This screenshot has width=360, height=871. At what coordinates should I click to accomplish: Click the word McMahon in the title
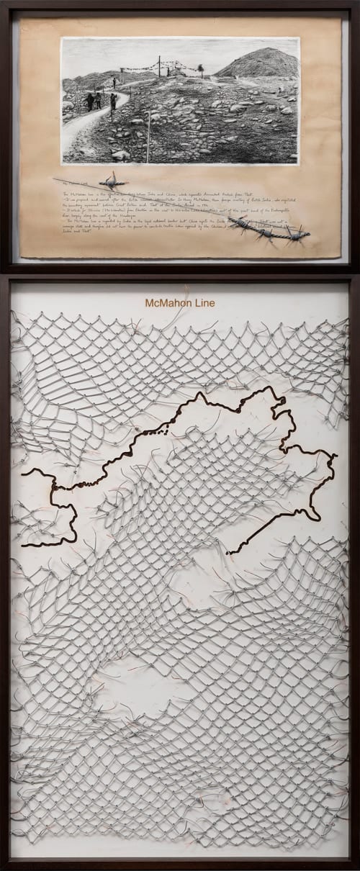pyautogui.click(x=167, y=303)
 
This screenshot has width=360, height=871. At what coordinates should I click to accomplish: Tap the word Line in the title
pyautogui.click(x=203, y=303)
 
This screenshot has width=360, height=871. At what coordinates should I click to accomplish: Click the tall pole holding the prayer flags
pyautogui.click(x=159, y=67)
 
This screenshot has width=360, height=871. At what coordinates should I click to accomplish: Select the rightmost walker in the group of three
pyautogui.click(x=113, y=101)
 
